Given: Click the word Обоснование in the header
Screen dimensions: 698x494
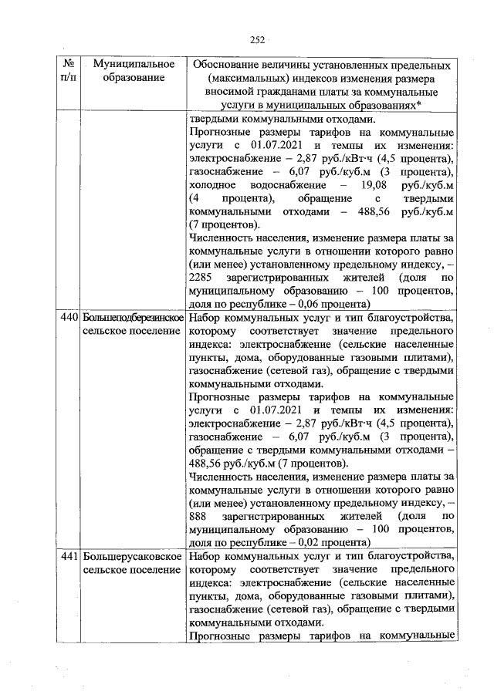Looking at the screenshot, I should (232, 64).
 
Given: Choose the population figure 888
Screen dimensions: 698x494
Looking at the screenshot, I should (199, 514).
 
